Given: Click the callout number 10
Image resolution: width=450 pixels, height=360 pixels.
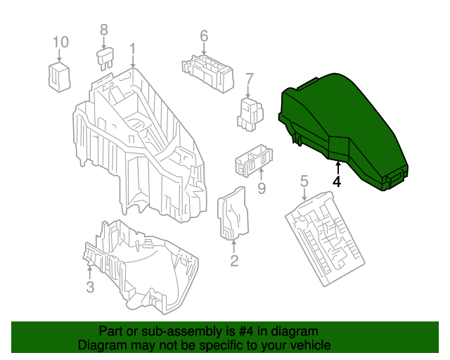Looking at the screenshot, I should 61,42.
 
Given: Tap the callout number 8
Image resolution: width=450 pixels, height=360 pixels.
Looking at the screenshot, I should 104,30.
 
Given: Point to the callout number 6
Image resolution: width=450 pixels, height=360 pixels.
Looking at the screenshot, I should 204,36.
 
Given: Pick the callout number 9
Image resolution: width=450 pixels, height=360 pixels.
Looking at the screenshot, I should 261,188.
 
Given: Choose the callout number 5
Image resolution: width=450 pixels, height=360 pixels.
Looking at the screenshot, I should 304,182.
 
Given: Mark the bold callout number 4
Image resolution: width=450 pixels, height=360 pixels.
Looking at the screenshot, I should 337,181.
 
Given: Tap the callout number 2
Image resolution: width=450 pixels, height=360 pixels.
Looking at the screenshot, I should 234,261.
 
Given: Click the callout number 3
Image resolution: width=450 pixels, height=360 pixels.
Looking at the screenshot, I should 90,286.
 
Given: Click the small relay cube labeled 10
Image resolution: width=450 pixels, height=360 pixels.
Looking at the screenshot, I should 59,76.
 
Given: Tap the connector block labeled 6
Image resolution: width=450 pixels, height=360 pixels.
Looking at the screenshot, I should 206,71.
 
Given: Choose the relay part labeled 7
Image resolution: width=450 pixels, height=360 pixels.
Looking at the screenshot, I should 251,113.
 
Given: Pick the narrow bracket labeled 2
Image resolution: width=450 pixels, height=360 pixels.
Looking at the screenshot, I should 232,214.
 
